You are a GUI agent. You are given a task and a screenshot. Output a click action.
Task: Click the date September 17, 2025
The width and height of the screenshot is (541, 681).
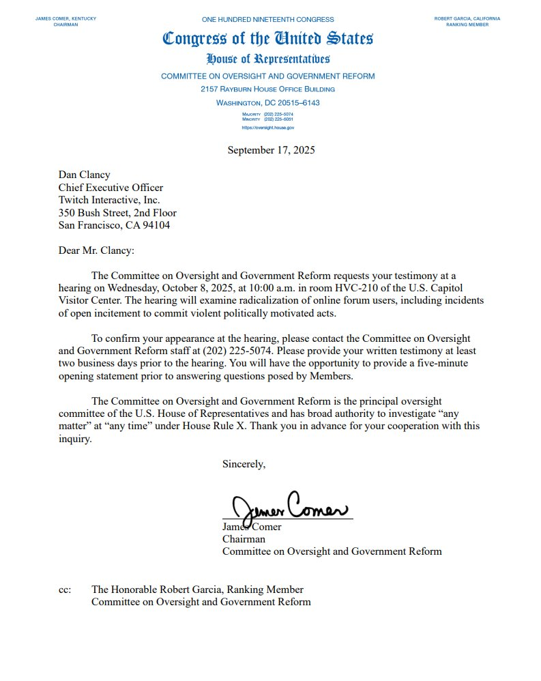pyautogui.click(x=271, y=150)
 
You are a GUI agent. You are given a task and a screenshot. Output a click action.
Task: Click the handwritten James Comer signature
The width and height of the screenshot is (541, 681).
pyautogui.click(x=289, y=507)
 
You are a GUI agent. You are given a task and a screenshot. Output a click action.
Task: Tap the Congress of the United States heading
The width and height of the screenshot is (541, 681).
pyautogui.click(x=267, y=38)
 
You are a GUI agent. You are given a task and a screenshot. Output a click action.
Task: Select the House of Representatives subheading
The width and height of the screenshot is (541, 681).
pyautogui.click(x=267, y=59)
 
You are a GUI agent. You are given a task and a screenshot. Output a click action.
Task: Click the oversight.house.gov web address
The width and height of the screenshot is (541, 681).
pyautogui.click(x=267, y=128)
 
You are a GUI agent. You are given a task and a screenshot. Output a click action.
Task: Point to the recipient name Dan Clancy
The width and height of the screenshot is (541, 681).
pyautogui.click(x=84, y=175)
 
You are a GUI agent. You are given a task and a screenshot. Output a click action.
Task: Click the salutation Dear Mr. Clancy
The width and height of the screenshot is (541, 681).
pyautogui.click(x=96, y=250)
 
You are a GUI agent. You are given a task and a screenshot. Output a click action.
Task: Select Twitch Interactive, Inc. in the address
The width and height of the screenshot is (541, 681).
pyautogui.click(x=109, y=200)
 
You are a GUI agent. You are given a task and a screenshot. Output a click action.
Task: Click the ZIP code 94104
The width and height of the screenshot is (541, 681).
pyautogui.click(x=156, y=225)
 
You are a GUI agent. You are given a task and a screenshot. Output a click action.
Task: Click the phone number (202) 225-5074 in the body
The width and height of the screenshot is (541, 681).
pyautogui.click(x=235, y=351)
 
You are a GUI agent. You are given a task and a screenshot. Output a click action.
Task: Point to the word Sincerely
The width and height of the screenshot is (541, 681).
pyautogui.click(x=244, y=464)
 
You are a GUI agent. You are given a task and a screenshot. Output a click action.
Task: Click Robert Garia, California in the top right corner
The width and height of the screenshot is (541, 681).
pyautogui.click(x=467, y=18)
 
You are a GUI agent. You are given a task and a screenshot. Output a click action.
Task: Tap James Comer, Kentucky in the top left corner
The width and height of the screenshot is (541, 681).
pyautogui.click(x=65, y=18)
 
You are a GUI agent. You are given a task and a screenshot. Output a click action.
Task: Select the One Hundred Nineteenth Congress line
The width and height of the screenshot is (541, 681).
pyautogui.click(x=267, y=18)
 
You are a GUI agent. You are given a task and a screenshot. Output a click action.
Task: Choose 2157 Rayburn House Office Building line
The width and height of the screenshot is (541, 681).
pyautogui.click(x=267, y=89)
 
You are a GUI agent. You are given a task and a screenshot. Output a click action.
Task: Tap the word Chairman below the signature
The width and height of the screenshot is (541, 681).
pyautogui.click(x=244, y=539)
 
